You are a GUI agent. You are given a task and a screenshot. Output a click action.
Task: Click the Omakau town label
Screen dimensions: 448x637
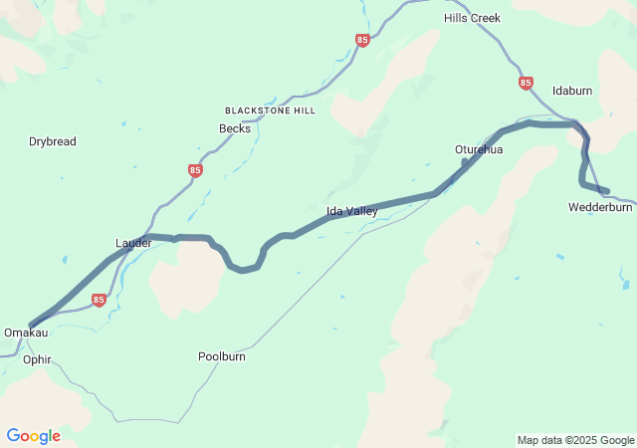pos(26,333)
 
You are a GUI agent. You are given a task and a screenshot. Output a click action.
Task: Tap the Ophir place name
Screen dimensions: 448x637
pos(37,359)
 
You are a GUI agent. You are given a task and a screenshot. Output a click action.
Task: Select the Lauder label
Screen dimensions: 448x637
pos(133,243)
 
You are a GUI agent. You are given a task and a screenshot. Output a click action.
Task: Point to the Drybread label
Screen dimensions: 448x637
pos(52,141)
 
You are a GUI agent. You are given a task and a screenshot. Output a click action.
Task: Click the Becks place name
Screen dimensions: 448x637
pos(235,128)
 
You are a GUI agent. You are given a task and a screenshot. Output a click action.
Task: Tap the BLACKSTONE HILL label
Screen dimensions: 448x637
pos(270,111)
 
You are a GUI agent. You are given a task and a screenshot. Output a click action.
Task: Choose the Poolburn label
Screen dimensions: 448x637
pos(222,355)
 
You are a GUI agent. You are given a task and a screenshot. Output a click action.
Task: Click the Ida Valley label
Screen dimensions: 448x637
pos(352,211)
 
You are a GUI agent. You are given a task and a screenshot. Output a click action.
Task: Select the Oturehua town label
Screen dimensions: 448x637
pos(479,149)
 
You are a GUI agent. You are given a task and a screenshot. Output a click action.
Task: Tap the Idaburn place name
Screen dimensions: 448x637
pos(572,91)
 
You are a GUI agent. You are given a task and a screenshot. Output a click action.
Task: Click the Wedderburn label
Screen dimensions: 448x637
pos(600,208)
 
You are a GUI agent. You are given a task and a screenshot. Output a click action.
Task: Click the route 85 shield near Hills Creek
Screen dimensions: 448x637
pos(362,41)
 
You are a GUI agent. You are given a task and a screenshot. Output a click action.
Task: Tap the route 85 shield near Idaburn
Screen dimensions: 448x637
pos(526,83)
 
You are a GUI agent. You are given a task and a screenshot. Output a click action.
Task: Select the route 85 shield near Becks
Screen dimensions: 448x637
pos(195,171)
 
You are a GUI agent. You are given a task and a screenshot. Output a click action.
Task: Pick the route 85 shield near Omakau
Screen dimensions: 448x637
pos(99,300)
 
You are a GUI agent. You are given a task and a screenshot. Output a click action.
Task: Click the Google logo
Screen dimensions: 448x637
pos(33,436)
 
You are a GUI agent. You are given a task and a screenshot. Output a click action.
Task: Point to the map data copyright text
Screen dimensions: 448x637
pos(575,440)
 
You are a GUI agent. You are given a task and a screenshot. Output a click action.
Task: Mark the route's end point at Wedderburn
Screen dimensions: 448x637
pos(605,190)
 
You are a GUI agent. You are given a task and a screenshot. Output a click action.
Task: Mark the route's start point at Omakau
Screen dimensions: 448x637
pos(32,326)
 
